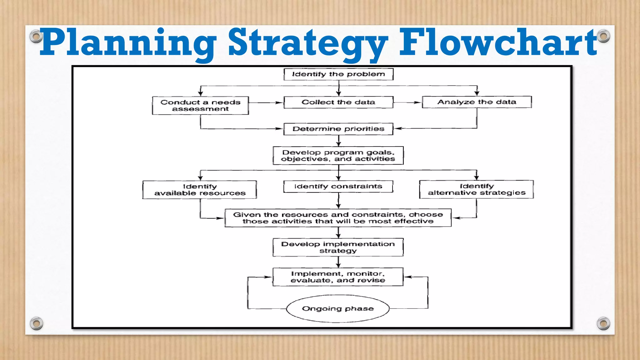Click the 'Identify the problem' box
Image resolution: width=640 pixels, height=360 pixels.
pyautogui.click(x=338, y=74)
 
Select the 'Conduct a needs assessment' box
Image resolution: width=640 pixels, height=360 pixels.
pyautogui.click(x=200, y=106)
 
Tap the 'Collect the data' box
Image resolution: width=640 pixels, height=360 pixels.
pyautogui.click(x=338, y=102)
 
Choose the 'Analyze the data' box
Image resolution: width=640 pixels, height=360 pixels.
pyautogui.click(x=477, y=102)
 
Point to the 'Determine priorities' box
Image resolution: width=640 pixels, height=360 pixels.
pyautogui.click(x=338, y=129)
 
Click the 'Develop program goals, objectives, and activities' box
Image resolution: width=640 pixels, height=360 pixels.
pyautogui.click(x=338, y=156)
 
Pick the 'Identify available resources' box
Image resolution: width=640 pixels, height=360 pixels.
pyautogui.click(x=200, y=190)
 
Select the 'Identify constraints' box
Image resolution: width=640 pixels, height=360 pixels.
pyautogui.click(x=338, y=187)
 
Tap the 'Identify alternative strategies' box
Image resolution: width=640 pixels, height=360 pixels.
pyautogui.click(x=477, y=189)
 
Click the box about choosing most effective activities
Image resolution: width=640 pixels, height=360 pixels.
pyautogui.click(x=338, y=218)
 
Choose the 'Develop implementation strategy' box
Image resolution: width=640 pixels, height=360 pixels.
pyautogui.click(x=338, y=247)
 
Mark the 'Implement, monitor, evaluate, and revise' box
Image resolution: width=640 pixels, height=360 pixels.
pyautogui.click(x=338, y=277)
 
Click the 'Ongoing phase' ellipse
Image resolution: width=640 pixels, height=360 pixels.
pyautogui.click(x=338, y=309)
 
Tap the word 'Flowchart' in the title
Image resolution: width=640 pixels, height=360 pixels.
pyautogui.click(x=498, y=42)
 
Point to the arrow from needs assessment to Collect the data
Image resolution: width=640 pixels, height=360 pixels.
pyautogui.click(x=266, y=102)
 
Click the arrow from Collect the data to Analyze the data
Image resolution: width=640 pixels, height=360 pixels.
pyautogui.click(x=407, y=102)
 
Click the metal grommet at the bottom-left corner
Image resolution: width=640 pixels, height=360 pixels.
pyautogui.click(x=36, y=323)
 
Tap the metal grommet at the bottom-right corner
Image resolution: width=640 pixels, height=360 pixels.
pyautogui.click(x=603, y=323)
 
